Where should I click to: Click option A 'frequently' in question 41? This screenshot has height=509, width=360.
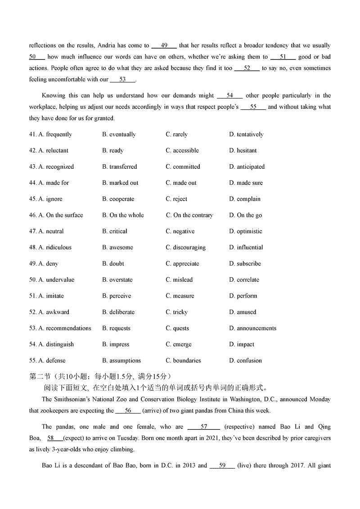tap(58, 135)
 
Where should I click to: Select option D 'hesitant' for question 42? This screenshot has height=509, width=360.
tap(247, 151)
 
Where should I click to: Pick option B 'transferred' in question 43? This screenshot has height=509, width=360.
tap(123, 167)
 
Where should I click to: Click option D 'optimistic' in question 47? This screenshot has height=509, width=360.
tap(249, 232)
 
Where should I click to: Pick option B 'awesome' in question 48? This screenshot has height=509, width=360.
tap(121, 248)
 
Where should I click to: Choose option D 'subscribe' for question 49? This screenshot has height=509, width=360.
tap(248, 264)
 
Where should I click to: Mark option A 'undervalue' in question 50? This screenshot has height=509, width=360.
tap(60, 280)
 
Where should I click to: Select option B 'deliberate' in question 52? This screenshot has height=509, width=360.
tap(121, 312)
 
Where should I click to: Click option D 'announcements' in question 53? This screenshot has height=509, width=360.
tap(256, 329)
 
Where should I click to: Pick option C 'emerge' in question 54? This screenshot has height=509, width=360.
tap(182, 345)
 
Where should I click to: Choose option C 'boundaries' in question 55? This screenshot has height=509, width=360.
tap(187, 361)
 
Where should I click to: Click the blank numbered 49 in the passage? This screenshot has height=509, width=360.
tap(164, 46)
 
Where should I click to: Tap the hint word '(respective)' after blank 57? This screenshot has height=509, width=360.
tap(239, 427)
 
